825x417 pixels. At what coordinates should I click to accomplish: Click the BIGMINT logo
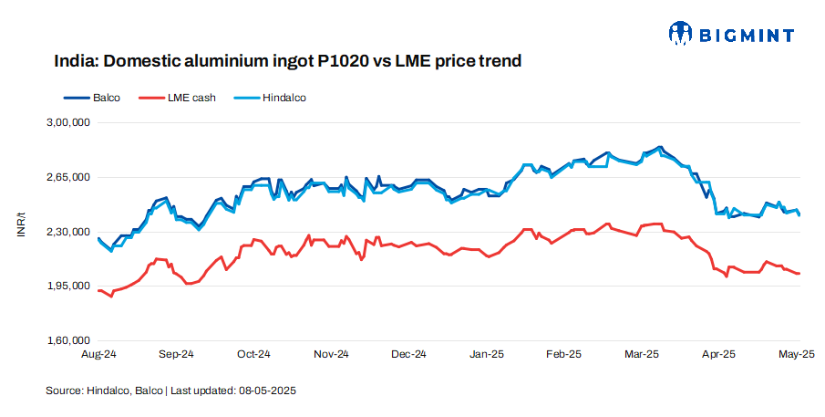coord(730,35)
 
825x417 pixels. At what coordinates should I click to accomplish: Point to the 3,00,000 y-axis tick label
coord(67,122)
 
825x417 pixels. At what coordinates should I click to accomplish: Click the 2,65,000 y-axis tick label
coord(67,177)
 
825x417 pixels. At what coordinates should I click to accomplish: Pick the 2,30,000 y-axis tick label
coord(67,232)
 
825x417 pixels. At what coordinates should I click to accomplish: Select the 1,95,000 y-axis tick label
coord(67,287)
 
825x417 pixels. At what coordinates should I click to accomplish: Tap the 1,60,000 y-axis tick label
coord(67,341)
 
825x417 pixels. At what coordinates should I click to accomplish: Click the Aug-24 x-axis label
coord(98,354)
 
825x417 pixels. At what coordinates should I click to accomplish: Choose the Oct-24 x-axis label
coord(253,354)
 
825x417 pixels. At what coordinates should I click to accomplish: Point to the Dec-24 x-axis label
coord(408,354)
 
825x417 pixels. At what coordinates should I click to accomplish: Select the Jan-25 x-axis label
coord(487,354)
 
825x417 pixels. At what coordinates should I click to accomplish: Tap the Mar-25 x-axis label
coord(642,354)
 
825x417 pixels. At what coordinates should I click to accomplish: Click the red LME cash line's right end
coord(799,273)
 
